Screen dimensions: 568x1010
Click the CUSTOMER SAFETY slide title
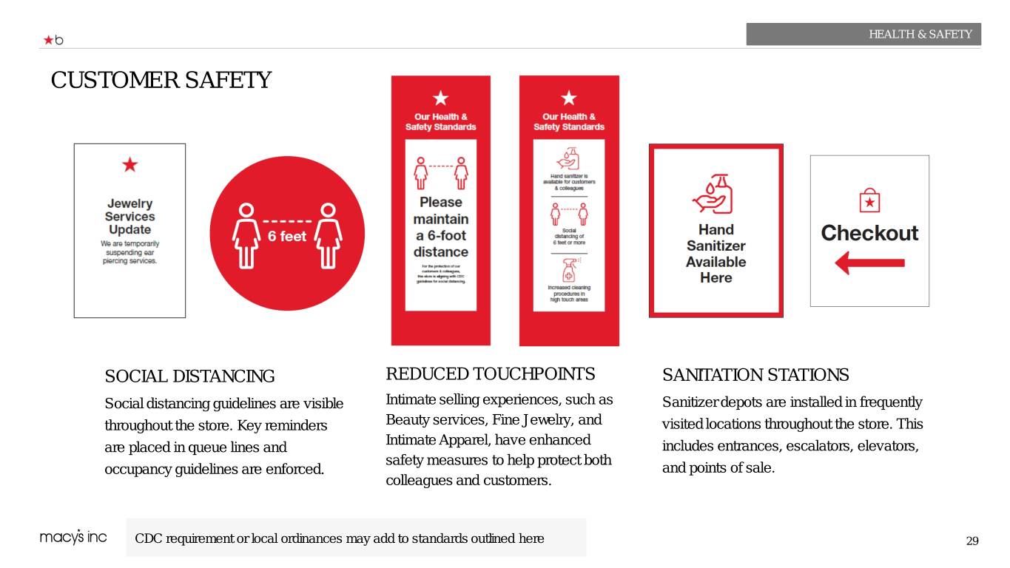point(161,80)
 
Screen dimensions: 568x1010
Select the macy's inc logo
point(73,538)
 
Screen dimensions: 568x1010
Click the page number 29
point(972,541)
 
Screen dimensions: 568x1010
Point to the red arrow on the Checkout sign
point(869,263)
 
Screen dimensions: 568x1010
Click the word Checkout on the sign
point(869,233)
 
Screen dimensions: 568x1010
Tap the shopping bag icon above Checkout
point(869,200)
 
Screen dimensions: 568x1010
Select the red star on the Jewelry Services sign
point(129,165)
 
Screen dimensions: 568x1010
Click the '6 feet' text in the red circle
point(286,237)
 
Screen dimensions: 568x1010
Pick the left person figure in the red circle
point(245,235)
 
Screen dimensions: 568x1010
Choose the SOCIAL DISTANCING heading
point(189,376)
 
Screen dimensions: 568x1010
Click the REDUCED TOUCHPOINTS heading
point(490,373)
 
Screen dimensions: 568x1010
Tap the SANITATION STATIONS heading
point(755,375)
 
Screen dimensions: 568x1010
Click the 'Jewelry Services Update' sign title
point(129,217)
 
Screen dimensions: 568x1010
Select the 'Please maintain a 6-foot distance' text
point(440,227)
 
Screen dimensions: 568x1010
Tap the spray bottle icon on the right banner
point(568,269)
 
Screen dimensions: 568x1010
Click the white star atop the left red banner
point(440,98)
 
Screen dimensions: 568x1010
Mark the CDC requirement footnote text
point(339,538)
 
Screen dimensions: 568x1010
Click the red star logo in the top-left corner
point(48,40)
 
